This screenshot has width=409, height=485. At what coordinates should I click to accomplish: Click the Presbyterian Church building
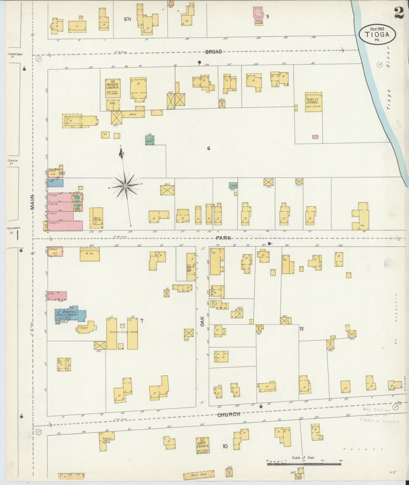pos(113,88)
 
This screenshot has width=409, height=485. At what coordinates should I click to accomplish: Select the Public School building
pos(313,102)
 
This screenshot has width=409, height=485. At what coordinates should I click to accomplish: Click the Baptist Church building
pos(203,445)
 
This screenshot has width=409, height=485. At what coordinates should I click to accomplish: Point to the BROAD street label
pos(214,52)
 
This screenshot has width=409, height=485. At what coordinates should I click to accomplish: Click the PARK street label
pos(224,238)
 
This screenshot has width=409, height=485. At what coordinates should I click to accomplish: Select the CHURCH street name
pos(229,415)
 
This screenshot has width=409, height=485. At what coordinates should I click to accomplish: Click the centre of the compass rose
pos(125,186)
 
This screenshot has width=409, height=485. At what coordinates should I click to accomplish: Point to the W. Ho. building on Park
pos(90,254)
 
